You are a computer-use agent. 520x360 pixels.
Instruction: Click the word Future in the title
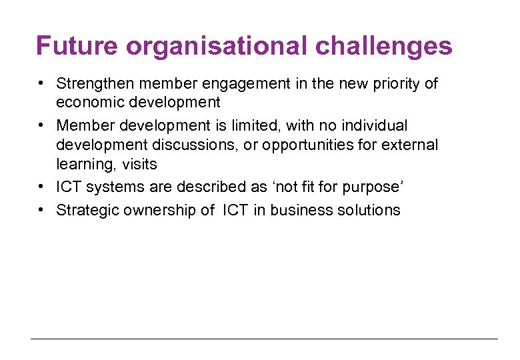[77, 47]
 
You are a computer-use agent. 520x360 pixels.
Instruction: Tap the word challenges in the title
[384, 47]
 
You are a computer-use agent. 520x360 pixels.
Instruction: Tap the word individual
[375, 125]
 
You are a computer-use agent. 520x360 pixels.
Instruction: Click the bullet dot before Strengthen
[41, 83]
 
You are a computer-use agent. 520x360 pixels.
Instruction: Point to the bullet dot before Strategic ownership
[41, 209]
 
